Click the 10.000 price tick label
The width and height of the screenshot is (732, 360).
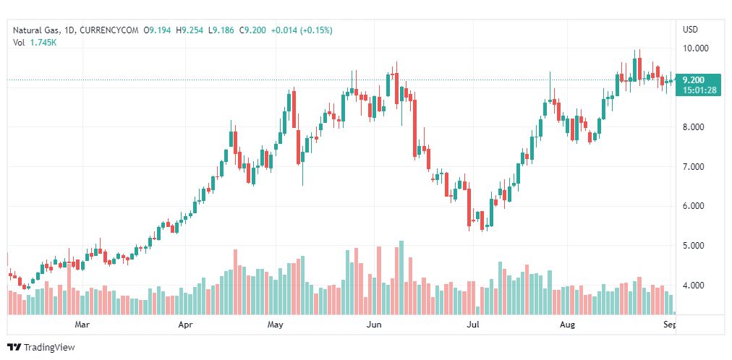pos(697,48)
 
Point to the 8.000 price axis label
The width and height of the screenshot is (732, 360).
pos(695,127)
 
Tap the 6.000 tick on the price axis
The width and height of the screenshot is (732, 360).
pos(695,206)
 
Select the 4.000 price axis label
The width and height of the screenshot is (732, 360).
pos(695,286)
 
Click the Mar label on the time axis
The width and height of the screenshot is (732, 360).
pos(82,325)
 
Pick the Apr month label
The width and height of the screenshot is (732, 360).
pos(186,325)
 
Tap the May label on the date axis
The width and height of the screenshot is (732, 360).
pos(275,325)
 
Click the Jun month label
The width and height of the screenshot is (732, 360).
pos(374,325)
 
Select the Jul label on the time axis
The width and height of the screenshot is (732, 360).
pos(473,325)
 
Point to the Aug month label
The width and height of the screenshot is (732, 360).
pos(567,325)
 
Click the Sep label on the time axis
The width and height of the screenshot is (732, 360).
pos(670,325)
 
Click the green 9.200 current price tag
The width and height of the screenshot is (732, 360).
pos(698,80)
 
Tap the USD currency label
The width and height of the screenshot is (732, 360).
pos(691,30)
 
